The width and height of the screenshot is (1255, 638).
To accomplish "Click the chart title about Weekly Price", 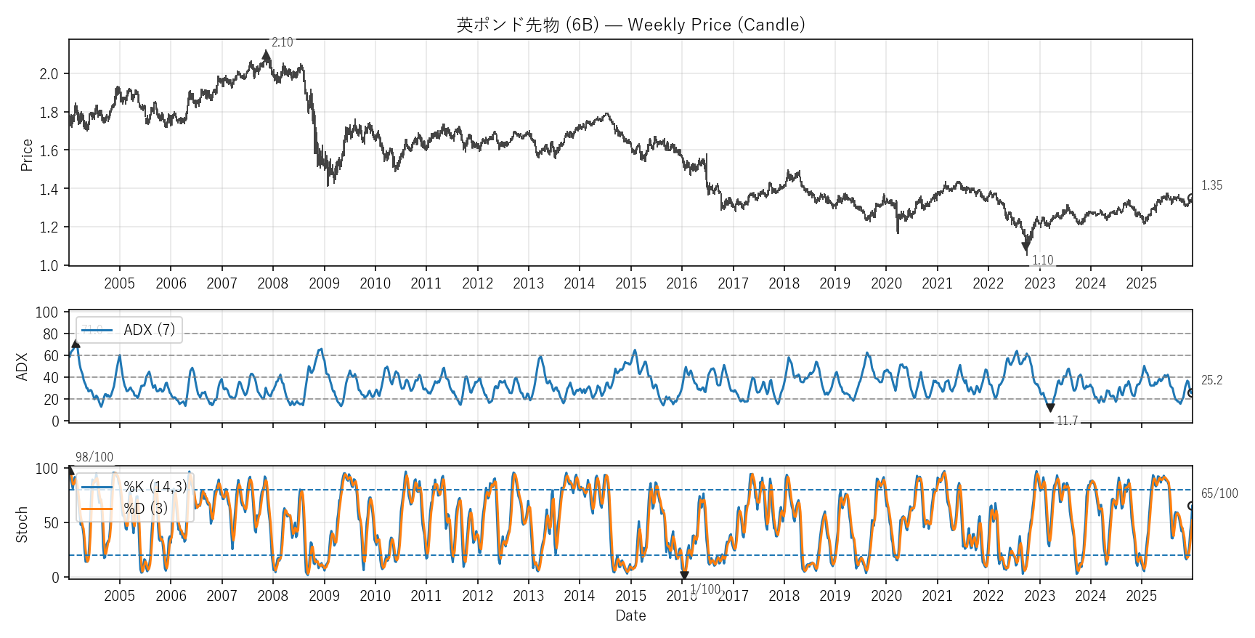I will [630, 25].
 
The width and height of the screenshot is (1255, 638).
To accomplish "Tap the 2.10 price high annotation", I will [282, 42].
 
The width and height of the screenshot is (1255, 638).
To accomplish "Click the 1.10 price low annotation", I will [1042, 260].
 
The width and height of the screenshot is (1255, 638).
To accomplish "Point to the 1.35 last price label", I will [1211, 185].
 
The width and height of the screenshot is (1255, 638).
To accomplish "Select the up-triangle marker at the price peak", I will [267, 55].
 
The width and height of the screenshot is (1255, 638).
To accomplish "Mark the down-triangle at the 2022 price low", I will [1026, 246].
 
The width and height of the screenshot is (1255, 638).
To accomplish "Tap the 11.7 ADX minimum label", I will [1067, 421].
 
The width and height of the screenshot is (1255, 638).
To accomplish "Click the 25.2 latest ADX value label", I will [1211, 380].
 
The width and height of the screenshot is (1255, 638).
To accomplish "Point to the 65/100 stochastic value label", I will [1219, 493].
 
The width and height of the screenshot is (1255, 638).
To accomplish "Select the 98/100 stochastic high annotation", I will [94, 457].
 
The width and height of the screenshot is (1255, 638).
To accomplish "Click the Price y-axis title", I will [27, 155].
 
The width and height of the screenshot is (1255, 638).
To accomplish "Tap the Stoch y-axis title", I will [22, 524].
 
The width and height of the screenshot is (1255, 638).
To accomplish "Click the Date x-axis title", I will [630, 615].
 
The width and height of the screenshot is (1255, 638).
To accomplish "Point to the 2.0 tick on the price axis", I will [49, 74].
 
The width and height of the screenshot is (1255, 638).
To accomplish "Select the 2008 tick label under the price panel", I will [273, 283].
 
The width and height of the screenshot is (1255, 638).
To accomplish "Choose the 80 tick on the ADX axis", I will [50, 334].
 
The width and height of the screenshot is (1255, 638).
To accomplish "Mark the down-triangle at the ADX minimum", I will [1050, 408].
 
